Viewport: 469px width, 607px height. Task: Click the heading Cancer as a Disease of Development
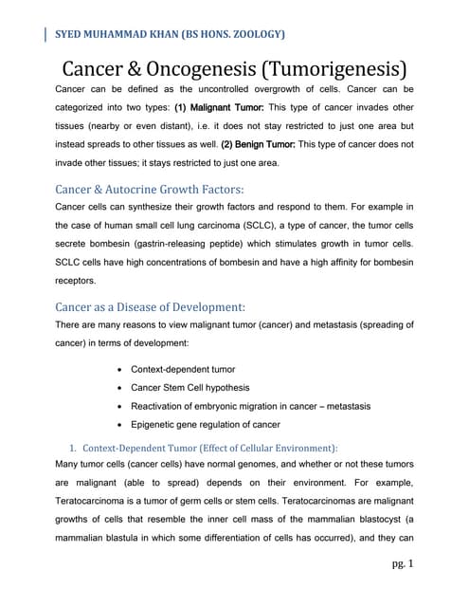pos(151,307)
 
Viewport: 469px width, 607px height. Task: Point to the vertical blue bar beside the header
pos(47,36)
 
